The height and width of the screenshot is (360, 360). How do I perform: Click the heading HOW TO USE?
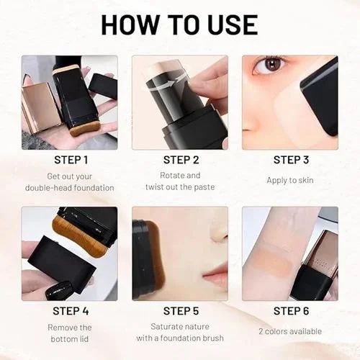point(179,24)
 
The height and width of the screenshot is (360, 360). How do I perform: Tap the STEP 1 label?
point(71,160)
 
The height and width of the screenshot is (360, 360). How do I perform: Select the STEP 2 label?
point(180,160)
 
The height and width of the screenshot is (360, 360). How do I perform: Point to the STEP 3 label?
point(290,160)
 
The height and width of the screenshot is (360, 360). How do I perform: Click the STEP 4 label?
point(71,311)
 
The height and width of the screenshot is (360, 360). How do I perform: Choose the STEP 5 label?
point(180,311)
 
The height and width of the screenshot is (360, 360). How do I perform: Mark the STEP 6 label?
point(290,311)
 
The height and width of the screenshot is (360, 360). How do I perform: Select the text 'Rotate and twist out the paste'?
point(180,181)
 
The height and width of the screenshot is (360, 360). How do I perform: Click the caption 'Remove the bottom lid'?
point(71,333)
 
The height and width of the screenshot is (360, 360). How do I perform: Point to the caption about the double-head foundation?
point(71,181)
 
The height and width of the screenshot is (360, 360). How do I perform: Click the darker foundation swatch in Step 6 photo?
point(271,269)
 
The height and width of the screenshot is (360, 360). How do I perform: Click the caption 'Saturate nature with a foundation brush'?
point(180,333)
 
